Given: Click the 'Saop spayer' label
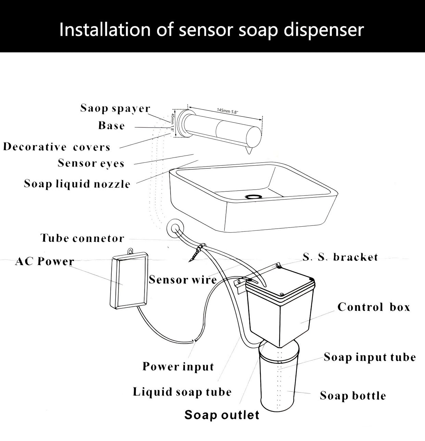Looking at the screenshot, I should tap(115, 108).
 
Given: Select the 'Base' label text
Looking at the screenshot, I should tap(111, 126).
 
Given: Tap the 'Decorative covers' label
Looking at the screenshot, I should tap(56, 147).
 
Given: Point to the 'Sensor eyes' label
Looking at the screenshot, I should tap(91, 163).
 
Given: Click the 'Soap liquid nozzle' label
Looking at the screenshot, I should tap(77, 184).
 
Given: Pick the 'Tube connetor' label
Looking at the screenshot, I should tap(82, 238).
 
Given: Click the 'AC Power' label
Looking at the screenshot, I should tap(44, 261).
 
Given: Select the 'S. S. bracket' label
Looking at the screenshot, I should tap(340, 257).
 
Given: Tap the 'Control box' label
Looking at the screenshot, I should tap(374, 307).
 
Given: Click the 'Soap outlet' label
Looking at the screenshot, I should tap(222, 415).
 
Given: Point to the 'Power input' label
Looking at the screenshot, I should tap(178, 367).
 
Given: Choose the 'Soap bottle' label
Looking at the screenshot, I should tap(353, 396).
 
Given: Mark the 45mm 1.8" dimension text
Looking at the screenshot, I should tap(172, 123).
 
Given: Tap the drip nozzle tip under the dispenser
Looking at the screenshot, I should tap(249, 151).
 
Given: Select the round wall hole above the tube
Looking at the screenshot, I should tap(176, 227).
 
